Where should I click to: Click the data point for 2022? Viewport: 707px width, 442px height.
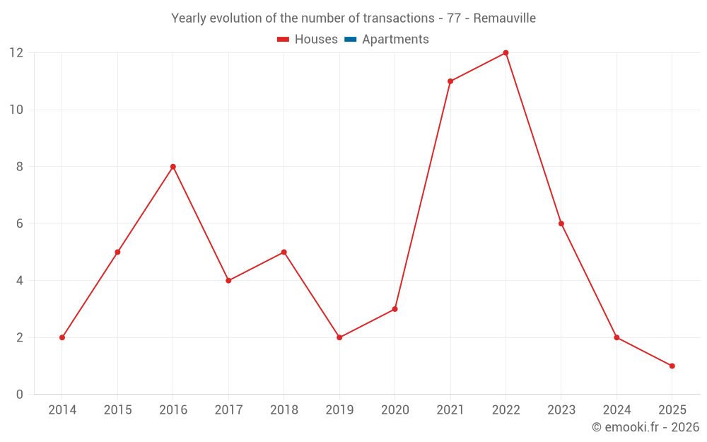pyautogui.click(x=506, y=53)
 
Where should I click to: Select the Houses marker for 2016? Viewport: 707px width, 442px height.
pyautogui.click(x=173, y=167)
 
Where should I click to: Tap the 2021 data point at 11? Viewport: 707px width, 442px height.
pyautogui.click(x=450, y=81)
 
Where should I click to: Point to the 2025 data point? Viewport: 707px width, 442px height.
pyautogui.click(x=672, y=366)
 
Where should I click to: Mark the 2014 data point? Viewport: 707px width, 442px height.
pyautogui.click(x=62, y=337)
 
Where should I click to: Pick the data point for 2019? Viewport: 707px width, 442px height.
pyautogui.click(x=339, y=337)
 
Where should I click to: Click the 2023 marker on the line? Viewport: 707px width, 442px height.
pyautogui.click(x=561, y=223)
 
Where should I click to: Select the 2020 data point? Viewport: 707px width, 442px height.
pyautogui.click(x=395, y=309)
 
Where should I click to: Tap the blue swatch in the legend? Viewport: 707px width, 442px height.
pyautogui.click(x=351, y=40)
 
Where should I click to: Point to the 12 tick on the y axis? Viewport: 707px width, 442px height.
pyautogui.click(x=16, y=53)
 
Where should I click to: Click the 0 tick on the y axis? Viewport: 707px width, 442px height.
pyautogui.click(x=20, y=394)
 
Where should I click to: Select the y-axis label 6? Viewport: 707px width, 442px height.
pyautogui.click(x=20, y=223)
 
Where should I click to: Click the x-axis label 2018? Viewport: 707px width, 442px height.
pyautogui.click(x=284, y=410)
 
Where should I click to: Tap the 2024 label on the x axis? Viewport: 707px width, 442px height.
pyautogui.click(x=617, y=410)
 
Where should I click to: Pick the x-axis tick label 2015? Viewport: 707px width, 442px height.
pyautogui.click(x=117, y=410)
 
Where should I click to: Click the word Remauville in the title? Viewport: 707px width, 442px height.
pyautogui.click(x=504, y=18)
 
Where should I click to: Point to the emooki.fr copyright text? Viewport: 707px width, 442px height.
pyautogui.click(x=645, y=427)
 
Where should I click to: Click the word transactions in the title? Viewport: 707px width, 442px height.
pyautogui.click(x=397, y=18)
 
